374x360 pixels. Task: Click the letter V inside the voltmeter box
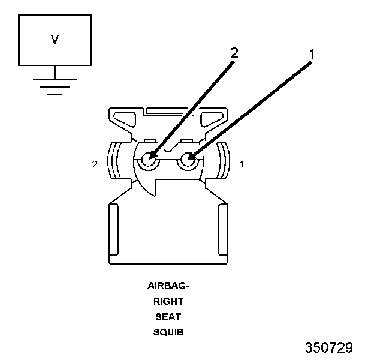pyautogui.click(x=55, y=40)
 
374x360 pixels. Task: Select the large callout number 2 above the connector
pyautogui.click(x=234, y=53)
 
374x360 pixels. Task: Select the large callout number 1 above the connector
pyautogui.click(x=312, y=53)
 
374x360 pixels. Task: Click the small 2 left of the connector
pyautogui.click(x=95, y=163)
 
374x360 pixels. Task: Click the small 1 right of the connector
pyautogui.click(x=241, y=163)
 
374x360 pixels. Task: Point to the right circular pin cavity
pyautogui.click(x=189, y=160)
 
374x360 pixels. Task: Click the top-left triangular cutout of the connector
pyautogui.click(x=126, y=118)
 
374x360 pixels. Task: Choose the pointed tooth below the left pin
pyautogui.click(x=153, y=186)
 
